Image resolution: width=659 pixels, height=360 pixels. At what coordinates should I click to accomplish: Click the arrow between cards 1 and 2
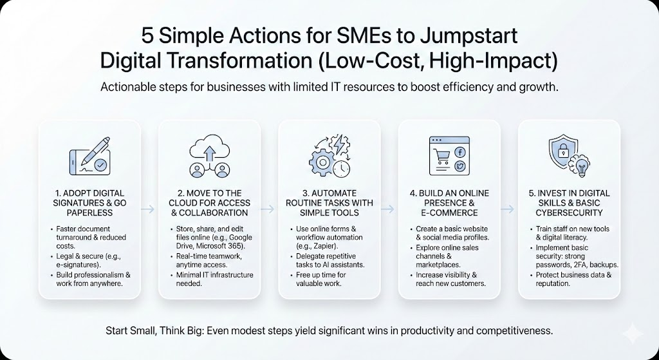pyautogui.click(x=149, y=209)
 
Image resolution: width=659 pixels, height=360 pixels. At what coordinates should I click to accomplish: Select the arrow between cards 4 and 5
pyautogui.click(x=508, y=209)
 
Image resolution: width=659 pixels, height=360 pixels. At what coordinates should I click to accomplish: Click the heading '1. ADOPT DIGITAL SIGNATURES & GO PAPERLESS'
pyautogui.click(x=89, y=203)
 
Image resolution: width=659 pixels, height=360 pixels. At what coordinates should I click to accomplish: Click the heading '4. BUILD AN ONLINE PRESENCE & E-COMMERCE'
pyautogui.click(x=449, y=203)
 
